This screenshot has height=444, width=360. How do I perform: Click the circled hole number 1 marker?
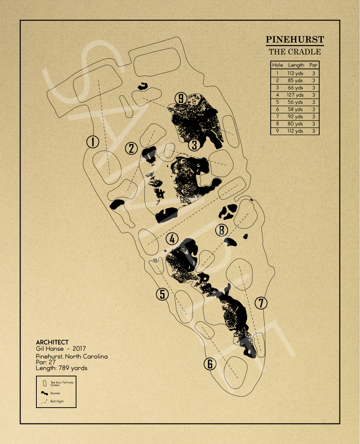pyautogui.click(x=93, y=142)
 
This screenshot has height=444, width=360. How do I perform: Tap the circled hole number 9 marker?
pyautogui.click(x=181, y=98)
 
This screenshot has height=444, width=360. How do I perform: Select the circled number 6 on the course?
pyautogui.click(x=210, y=364)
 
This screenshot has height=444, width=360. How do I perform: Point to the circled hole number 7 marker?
pyautogui.click(x=261, y=303)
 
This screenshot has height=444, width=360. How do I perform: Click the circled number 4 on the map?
pyautogui.click(x=172, y=239)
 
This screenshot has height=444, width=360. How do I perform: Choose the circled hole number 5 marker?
pyautogui.click(x=162, y=294)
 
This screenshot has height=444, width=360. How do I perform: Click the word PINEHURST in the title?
pyautogui.click(x=295, y=40)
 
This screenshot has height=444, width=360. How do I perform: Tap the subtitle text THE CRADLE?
pyautogui.click(x=295, y=51)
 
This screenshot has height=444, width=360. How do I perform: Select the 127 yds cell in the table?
pyautogui.click(x=296, y=95)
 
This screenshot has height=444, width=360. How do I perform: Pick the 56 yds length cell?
pyautogui.click(x=296, y=102)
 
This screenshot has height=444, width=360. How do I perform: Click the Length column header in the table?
pyautogui.click(x=296, y=65)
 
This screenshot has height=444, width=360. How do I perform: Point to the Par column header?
pyautogui.click(x=314, y=65)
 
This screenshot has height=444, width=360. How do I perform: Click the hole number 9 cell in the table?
pyautogui.click(x=277, y=131)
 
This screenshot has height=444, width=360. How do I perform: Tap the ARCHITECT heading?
pyautogui.click(x=52, y=342)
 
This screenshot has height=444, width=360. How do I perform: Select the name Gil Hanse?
pyautogui.click(x=50, y=349)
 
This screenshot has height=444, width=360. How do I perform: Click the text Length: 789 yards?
pyautogui.click(x=62, y=368)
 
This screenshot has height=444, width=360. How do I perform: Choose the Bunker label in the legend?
pyautogui.click(x=55, y=393)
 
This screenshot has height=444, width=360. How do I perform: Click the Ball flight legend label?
pyautogui.click(x=57, y=401)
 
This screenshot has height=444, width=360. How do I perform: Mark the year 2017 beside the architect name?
pyautogui.click(x=79, y=349)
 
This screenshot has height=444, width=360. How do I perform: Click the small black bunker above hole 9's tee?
pyautogui.click(x=143, y=86)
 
